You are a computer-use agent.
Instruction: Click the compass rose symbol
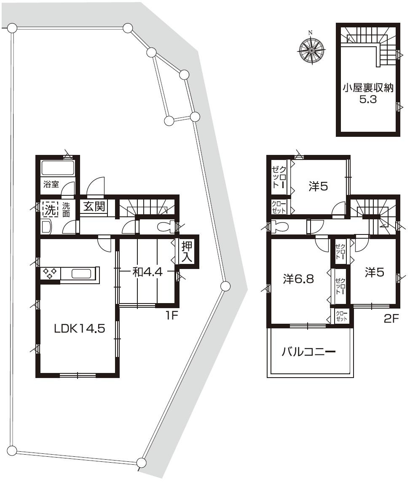(311, 50)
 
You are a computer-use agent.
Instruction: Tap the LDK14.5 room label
(79, 329)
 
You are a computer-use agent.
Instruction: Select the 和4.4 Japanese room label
(147, 272)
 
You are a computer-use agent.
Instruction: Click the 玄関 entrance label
(94, 207)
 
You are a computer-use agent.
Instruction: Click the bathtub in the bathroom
(58, 168)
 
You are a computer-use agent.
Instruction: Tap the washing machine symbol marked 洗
(50, 208)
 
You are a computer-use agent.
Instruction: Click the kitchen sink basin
(81, 274)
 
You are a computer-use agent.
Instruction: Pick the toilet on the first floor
(165, 227)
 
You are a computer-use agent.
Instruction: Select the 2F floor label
(391, 319)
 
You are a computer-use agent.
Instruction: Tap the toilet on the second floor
(279, 227)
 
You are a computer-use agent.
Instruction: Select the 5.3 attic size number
(367, 101)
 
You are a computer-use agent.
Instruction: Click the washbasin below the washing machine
(46, 227)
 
